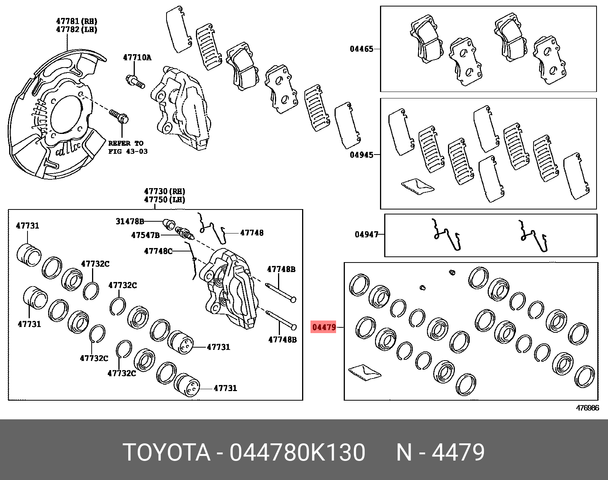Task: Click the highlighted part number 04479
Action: pyautogui.click(x=324, y=327)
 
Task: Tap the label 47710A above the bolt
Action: pyautogui.click(x=137, y=58)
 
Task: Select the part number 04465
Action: pyautogui.click(x=361, y=49)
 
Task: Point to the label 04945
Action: pyautogui.click(x=361, y=155)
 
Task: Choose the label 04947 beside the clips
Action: pyautogui.click(x=366, y=234)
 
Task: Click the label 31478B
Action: pyautogui.click(x=130, y=221)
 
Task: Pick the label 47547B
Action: pyautogui.click(x=145, y=235)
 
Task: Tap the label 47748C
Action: pyautogui.click(x=158, y=251)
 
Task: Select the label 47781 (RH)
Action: pyautogui.click(x=76, y=21)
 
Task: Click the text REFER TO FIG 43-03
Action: pyautogui.click(x=128, y=147)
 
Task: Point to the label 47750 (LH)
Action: pyautogui.click(x=164, y=200)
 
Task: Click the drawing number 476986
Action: pyautogui.click(x=587, y=408)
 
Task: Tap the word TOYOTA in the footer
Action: pyautogui.click(x=167, y=453)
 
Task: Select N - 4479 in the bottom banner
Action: pyautogui.click(x=440, y=453)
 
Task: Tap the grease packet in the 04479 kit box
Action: pyautogui.click(x=364, y=372)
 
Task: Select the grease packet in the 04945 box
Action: pyautogui.click(x=417, y=186)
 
